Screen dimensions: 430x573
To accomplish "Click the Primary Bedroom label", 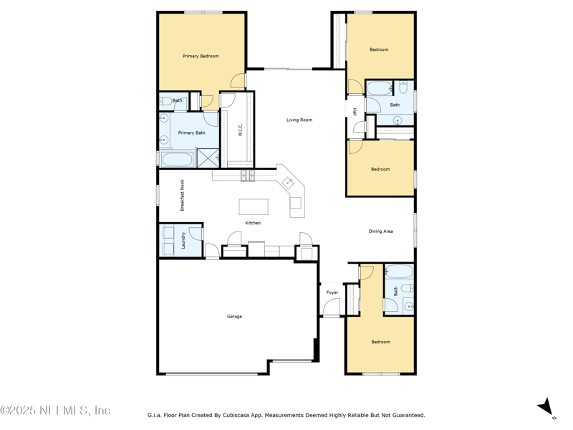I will coord(201,56).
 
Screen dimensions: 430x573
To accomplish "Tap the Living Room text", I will coord(299,120).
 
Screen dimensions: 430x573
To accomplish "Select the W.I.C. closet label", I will coord(241,130).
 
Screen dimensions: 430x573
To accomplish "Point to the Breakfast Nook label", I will coord(183,195).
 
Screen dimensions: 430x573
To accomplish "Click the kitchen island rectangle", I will coord(254,207).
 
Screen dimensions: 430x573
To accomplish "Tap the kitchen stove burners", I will coord(247,176).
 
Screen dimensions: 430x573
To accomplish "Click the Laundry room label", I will coord(184,240).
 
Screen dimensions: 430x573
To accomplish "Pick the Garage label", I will coord(234,316).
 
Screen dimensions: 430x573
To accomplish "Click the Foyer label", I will coord(332,292).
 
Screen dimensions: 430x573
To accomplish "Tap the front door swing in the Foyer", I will coord(331,307).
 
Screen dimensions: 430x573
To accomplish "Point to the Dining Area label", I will coord(380,231).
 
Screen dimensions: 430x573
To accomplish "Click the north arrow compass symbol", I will coord(547,407).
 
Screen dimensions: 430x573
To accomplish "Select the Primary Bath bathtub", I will coord(176,158).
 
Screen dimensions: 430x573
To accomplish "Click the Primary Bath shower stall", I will coord(208,158).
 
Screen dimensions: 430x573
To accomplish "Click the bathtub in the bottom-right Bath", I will coord(399,272).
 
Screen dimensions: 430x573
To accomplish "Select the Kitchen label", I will coord(253,223).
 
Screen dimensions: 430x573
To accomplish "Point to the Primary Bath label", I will coord(191,133).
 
